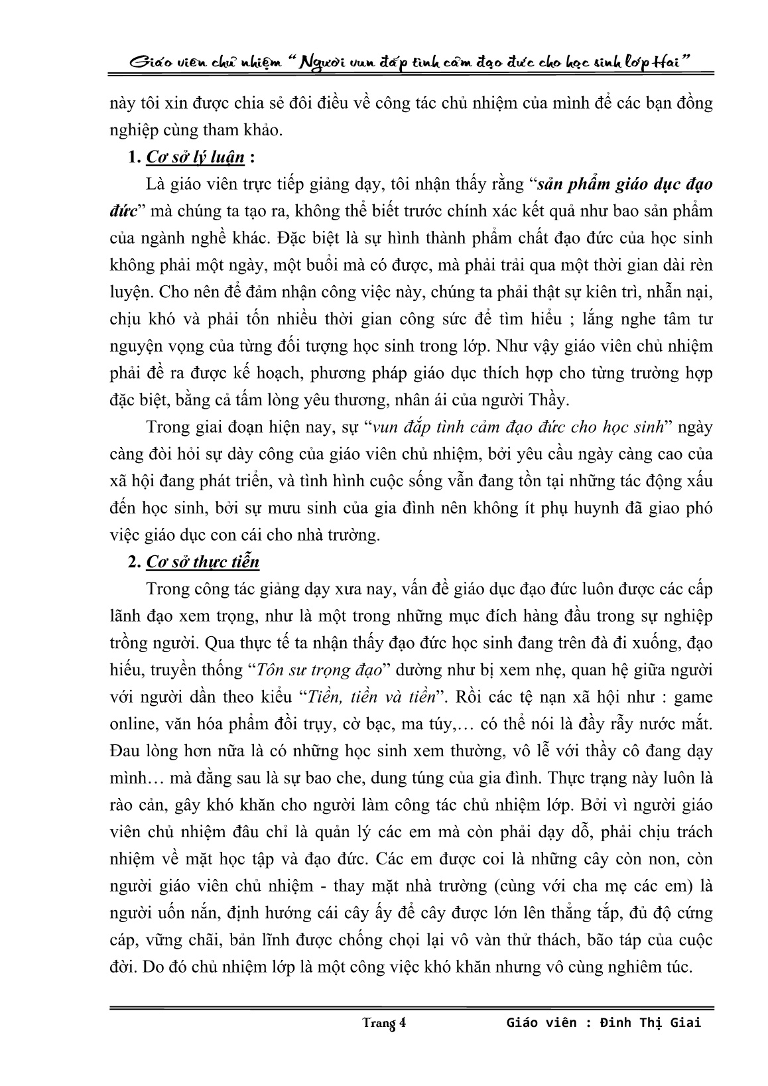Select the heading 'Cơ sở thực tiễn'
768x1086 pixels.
coord(202,562)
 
